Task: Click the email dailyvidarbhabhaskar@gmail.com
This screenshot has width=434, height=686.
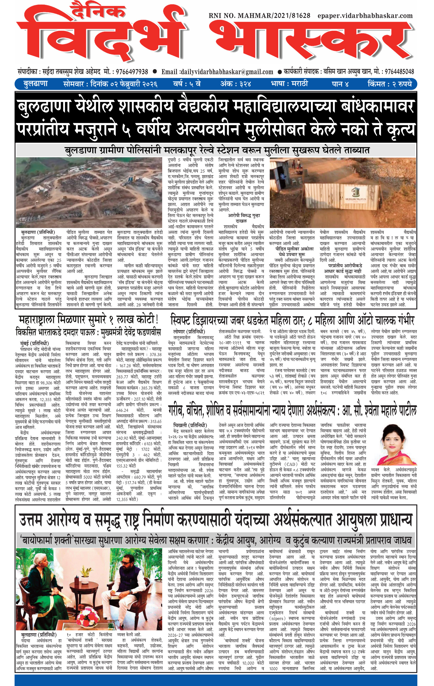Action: [217, 72]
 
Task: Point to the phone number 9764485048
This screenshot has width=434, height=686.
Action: [399, 72]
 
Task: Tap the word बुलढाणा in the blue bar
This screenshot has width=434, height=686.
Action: [35, 84]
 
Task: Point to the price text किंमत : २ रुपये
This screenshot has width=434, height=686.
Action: [390, 84]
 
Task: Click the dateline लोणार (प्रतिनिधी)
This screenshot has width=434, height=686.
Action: [189, 332]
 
